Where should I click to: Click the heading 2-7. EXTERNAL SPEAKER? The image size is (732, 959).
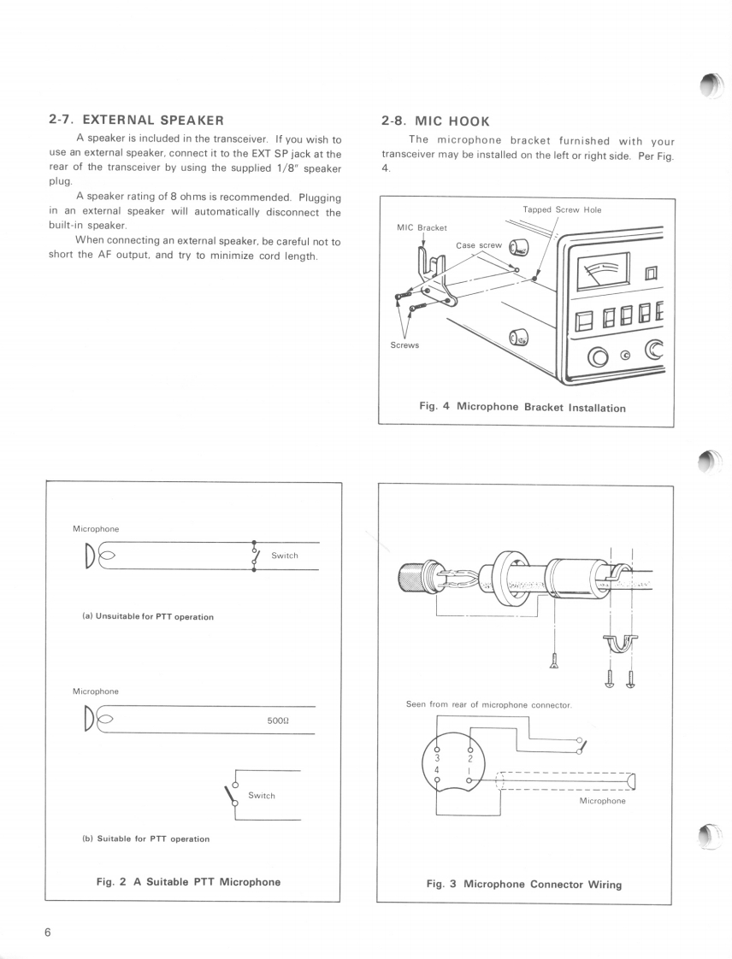point(136,121)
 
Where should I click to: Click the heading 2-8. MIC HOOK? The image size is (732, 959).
point(435,121)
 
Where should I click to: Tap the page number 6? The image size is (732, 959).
point(48,932)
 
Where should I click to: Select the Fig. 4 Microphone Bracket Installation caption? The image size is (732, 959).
point(522,407)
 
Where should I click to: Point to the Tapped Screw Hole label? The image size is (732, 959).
point(562,209)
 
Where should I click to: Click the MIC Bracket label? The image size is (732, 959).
point(422,227)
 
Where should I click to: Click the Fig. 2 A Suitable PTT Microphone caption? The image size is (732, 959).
point(188,881)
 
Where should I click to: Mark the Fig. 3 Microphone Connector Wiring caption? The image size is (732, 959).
point(523,884)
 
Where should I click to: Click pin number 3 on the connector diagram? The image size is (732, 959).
point(437,757)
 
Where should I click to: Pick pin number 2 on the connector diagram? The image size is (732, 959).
point(469,757)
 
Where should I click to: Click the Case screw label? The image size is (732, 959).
point(479,245)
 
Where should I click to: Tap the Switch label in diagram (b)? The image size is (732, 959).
point(261,796)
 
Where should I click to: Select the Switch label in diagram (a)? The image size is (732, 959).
point(284,556)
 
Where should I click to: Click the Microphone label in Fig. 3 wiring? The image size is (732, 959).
point(602,801)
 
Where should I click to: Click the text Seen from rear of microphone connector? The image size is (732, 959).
point(488,704)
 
